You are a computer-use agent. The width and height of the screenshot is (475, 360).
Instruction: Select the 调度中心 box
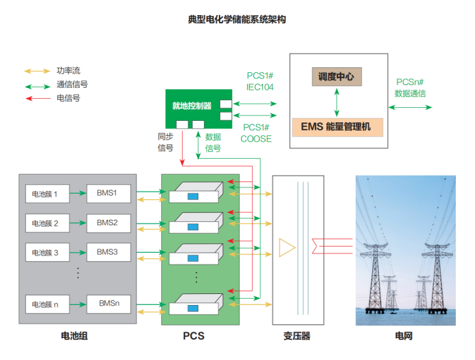(336, 76)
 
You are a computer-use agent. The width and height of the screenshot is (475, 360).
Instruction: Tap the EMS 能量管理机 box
(336, 127)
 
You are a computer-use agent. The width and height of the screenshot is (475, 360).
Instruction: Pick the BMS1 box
(108, 194)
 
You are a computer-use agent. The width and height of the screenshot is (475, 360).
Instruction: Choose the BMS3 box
(108, 252)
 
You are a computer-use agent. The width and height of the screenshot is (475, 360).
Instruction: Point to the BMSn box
(108, 303)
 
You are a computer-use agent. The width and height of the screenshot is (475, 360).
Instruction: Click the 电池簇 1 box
(46, 194)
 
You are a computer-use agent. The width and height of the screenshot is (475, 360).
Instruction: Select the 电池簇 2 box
(46, 223)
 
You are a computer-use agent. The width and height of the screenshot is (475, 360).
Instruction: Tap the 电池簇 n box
(46, 303)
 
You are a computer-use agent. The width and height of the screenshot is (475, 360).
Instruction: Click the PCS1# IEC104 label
(260, 81)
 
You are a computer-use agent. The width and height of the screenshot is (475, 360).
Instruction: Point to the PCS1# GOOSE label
(256, 133)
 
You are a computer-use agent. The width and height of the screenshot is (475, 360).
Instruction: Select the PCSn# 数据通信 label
(410, 88)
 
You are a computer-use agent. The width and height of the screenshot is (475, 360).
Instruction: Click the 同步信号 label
(165, 142)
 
